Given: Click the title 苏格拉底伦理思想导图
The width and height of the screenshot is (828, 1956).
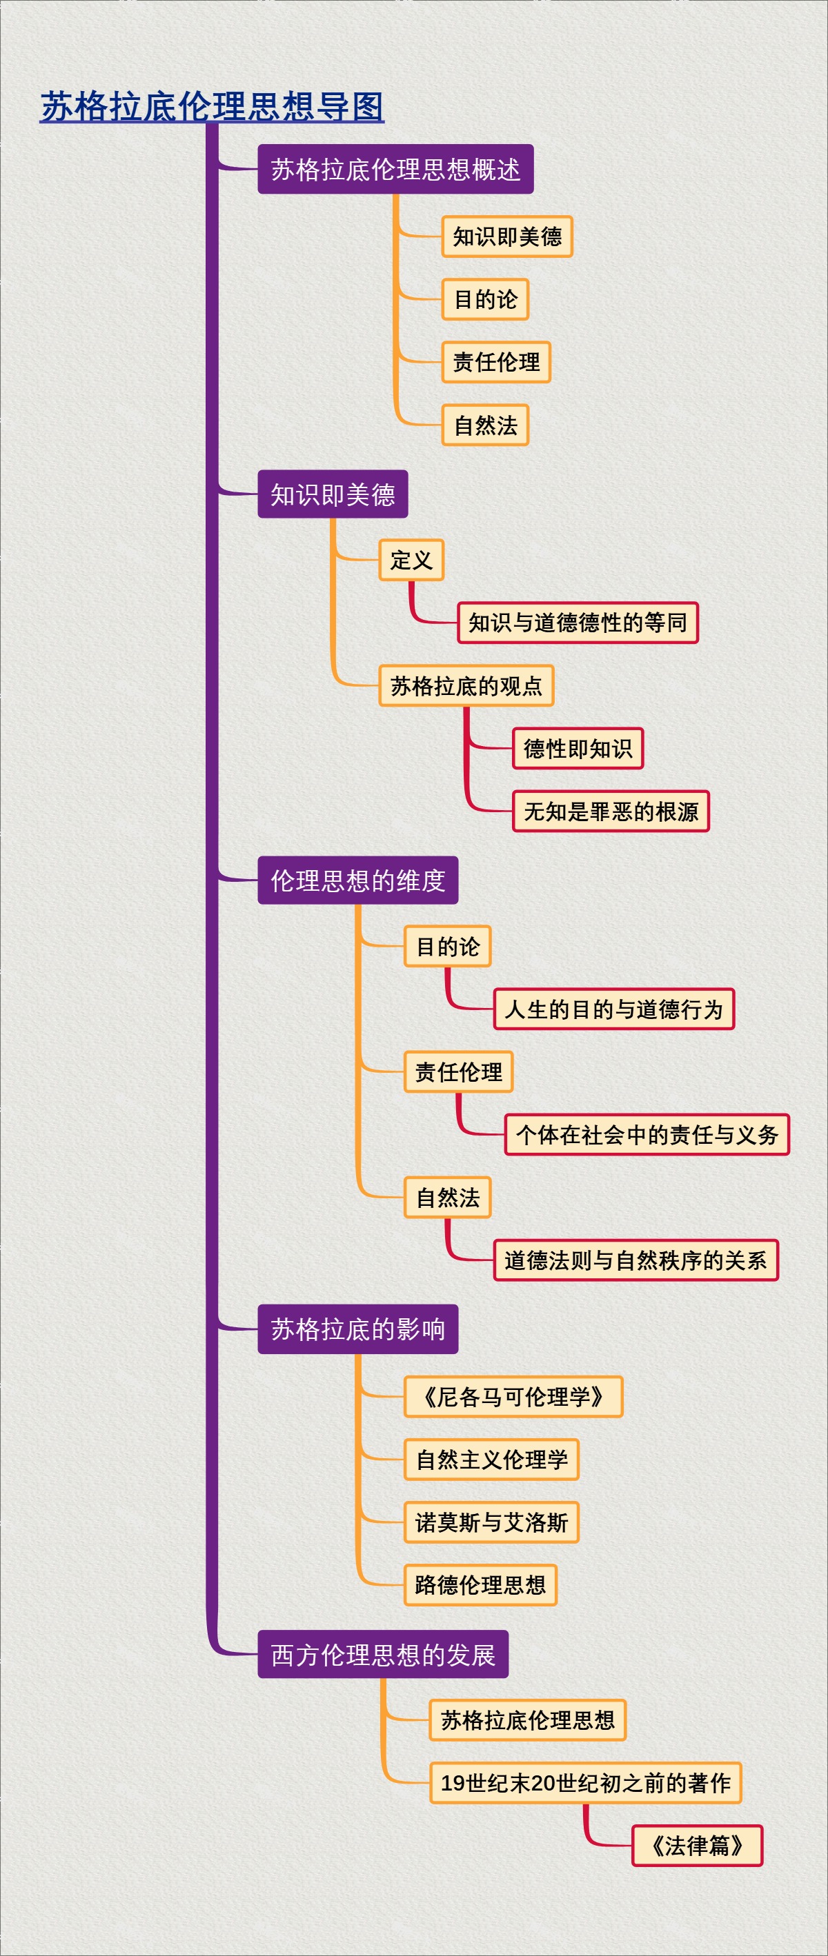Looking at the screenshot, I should click(x=212, y=106).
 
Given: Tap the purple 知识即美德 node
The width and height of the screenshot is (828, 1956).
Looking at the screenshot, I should click(x=332, y=494).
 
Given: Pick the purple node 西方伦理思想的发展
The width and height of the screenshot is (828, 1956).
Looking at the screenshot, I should click(x=382, y=1654).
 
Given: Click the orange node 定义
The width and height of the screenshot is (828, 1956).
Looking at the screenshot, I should click(x=411, y=561).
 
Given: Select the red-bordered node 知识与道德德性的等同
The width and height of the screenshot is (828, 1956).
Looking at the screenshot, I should click(x=578, y=623).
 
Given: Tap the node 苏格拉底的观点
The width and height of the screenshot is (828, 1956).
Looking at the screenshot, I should click(x=466, y=685).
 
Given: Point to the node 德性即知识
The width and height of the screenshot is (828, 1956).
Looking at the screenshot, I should click(x=578, y=749).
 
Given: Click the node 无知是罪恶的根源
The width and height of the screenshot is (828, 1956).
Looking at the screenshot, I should click(x=610, y=811).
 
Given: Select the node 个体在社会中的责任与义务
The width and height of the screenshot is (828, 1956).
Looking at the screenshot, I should click(x=647, y=1134).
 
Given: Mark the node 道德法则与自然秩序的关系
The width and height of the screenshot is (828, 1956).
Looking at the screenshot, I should click(x=635, y=1260).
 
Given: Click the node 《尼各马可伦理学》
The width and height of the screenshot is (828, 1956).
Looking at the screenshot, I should click(x=513, y=1396).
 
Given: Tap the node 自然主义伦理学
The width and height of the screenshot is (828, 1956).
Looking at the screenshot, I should click(x=491, y=1460).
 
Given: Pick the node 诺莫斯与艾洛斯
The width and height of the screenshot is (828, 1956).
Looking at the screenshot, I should click(x=491, y=1522).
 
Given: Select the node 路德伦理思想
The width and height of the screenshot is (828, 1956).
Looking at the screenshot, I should click(x=480, y=1584).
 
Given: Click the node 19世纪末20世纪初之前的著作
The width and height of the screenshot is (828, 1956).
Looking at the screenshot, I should click(x=585, y=1783).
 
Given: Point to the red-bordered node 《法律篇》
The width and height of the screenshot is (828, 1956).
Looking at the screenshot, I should click(x=697, y=1846).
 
